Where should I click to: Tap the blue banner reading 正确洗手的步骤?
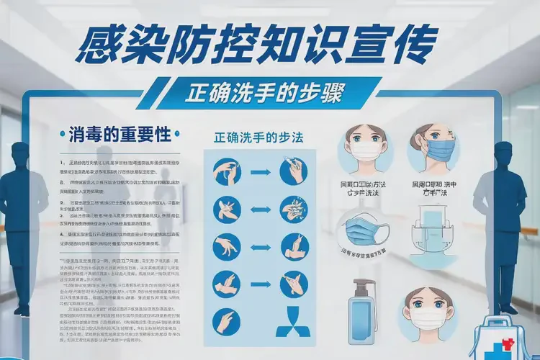pos(264,94)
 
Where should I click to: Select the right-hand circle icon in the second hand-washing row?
pos(294,209)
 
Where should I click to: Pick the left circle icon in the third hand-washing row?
pos(225,247)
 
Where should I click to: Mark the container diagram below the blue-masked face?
pos(434,238)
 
